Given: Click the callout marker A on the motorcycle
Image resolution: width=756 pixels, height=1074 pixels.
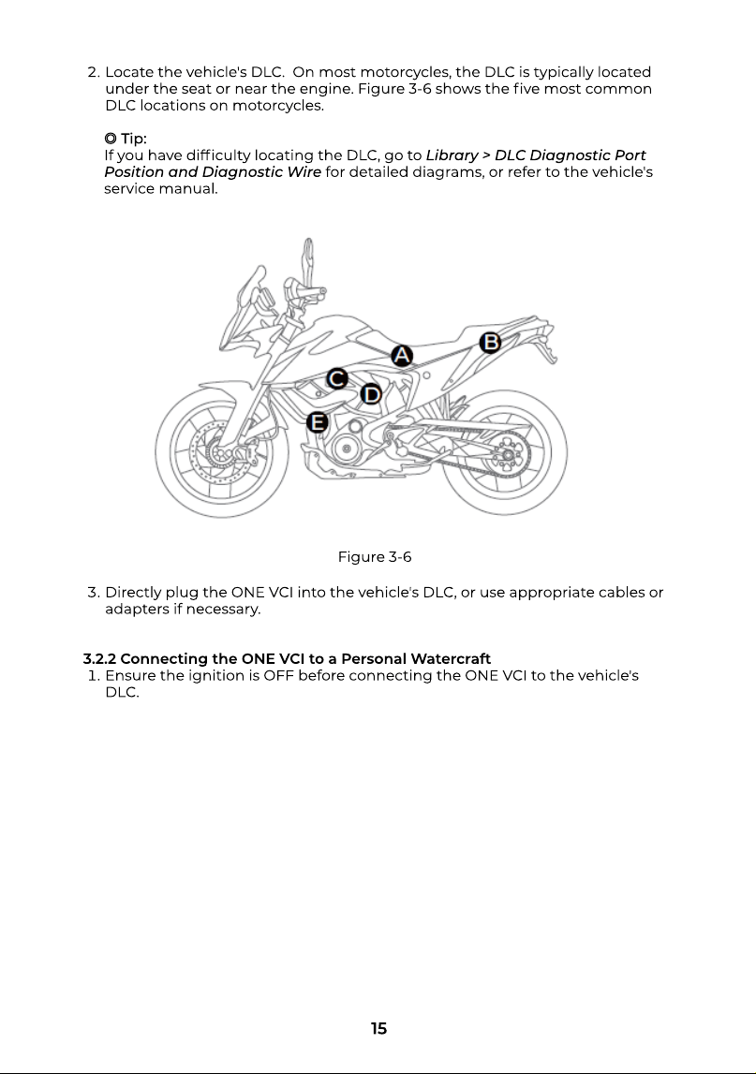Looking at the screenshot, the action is point(402,356).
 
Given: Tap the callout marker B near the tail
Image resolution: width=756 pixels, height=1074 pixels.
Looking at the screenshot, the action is point(489,342).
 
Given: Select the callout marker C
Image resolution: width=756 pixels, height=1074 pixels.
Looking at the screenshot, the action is point(336,378).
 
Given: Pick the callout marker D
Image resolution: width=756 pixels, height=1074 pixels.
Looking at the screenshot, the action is point(371,394).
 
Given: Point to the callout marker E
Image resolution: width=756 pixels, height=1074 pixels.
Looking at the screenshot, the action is point(317,422).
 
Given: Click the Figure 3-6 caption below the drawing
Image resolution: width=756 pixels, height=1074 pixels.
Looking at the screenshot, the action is point(374,557).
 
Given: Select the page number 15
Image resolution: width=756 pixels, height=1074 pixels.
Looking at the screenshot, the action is point(378,1028).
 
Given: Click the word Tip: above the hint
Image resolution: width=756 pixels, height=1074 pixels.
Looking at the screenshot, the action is point(134,139).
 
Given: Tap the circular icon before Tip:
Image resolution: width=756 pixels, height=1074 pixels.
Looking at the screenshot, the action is point(111,139).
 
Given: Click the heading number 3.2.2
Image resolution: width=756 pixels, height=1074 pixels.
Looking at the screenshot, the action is point(99,659).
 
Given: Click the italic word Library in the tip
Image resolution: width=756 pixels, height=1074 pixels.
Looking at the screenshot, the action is point(452,155).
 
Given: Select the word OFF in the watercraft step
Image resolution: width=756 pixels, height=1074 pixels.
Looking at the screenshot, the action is point(278,675).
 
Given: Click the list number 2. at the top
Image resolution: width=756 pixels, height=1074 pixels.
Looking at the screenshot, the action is point(94,73).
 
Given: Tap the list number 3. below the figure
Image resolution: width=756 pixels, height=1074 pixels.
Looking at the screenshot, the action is point(94,593).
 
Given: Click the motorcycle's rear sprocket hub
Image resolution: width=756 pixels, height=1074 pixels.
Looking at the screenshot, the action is point(507,455).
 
